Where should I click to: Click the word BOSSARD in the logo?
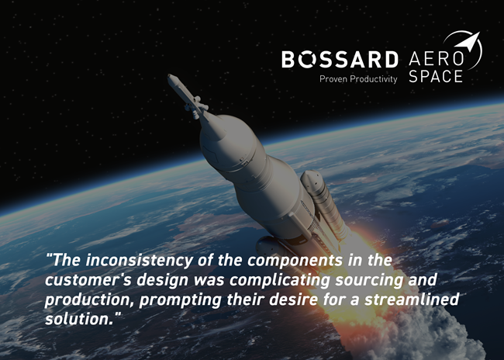(340, 60)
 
